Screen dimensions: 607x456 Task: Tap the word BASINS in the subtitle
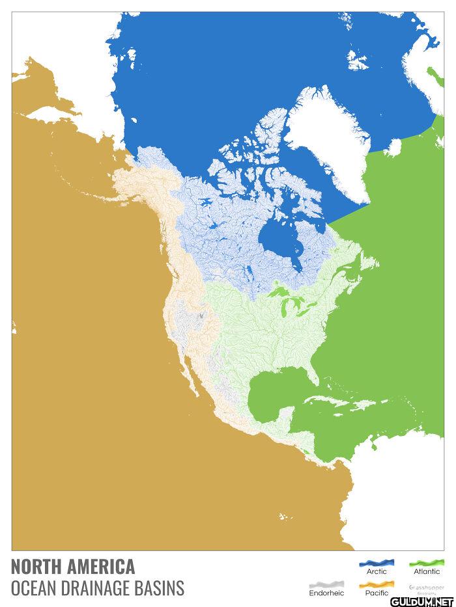[160, 589]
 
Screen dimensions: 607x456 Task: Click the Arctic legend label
[377, 571]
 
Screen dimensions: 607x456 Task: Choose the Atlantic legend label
[427, 571]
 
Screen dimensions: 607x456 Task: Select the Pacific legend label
[377, 593]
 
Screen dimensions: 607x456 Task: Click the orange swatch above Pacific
[377, 584]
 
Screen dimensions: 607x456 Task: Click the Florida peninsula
[315, 371]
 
